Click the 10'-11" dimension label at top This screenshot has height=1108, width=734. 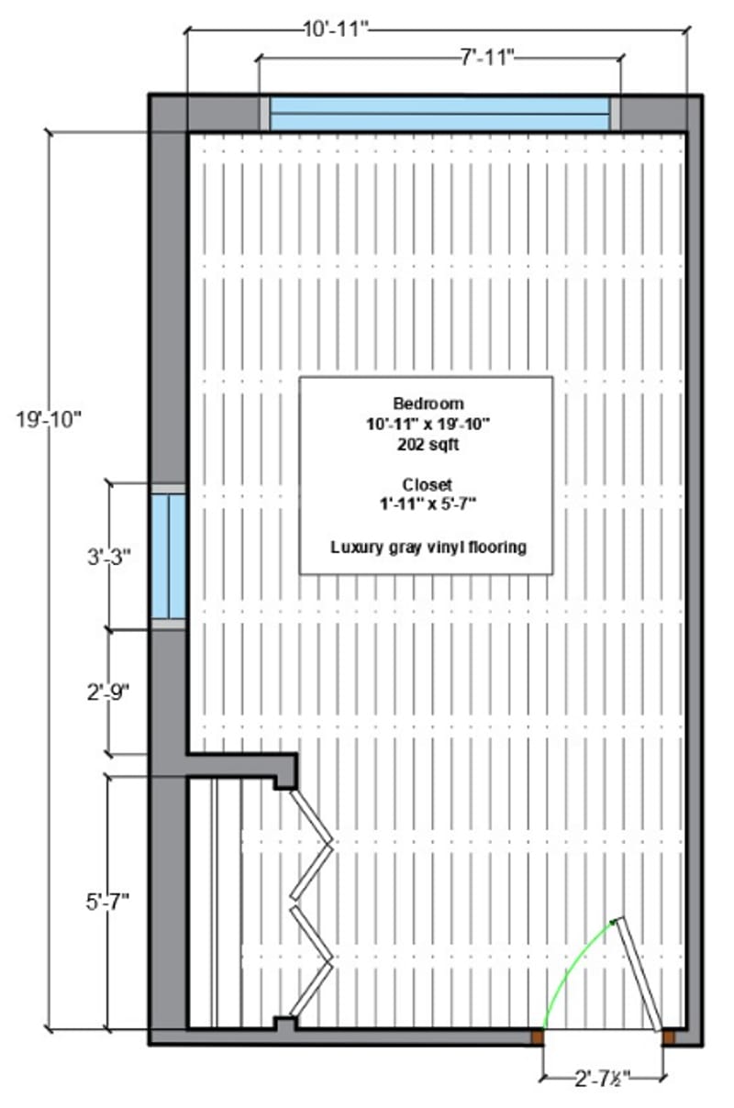point(336,29)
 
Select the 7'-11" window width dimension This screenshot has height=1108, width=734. point(487,59)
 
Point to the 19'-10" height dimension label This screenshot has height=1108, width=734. point(48,420)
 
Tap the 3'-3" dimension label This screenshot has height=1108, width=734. point(109,558)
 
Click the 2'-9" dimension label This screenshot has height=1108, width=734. point(108,692)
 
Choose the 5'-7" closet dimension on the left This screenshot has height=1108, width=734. point(108,903)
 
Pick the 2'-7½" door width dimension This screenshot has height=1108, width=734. point(603,1079)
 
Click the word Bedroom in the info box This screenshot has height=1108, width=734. point(428,404)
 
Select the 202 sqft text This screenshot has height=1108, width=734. point(428,445)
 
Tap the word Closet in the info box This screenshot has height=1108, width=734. point(427,484)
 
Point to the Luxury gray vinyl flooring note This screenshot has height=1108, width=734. point(428,547)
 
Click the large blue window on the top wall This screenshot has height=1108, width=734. point(439,114)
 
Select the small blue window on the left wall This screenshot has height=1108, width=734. point(169,557)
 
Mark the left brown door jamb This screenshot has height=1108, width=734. point(538,1037)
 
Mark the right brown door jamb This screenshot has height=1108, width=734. point(668,1037)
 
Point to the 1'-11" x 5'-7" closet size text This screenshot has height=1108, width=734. point(428,504)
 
